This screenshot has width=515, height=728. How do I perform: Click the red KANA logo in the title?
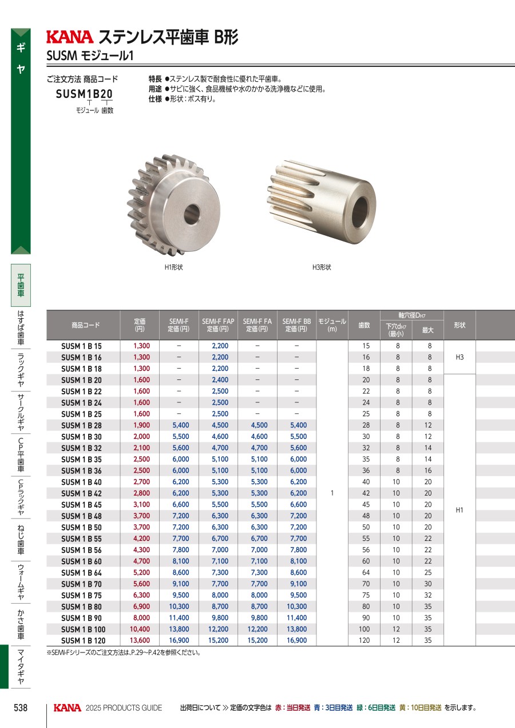click(70, 37)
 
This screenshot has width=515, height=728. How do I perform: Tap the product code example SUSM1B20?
click(84, 94)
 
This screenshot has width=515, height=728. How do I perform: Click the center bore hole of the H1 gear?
click(192, 214)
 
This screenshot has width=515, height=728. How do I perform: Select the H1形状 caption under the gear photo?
click(173, 267)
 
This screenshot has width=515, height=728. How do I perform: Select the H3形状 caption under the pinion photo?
click(322, 267)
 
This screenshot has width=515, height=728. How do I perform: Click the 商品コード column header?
click(85, 325)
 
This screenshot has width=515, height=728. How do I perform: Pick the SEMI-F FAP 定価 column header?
click(218, 325)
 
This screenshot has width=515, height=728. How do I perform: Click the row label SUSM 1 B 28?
click(81, 425)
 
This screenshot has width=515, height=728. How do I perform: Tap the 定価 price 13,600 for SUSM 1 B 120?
click(140, 640)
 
